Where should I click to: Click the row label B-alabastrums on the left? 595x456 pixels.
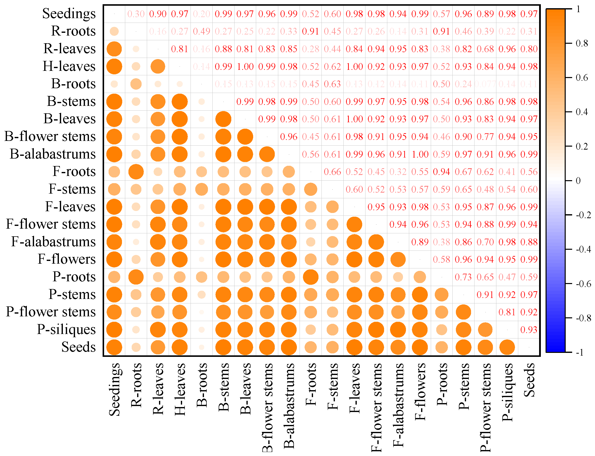[53, 154]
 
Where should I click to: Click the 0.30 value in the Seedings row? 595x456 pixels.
[136, 14]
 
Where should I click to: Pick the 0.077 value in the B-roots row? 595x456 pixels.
[485, 84]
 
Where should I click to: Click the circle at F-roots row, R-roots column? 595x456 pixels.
[136, 172]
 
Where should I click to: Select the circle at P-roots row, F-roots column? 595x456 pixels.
[310, 277]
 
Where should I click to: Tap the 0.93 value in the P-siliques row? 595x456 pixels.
[529, 330]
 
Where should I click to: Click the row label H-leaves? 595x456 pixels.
[69, 67]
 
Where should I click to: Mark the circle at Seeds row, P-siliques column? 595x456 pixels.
[507, 347]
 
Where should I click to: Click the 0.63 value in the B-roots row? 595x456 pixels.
[332, 84]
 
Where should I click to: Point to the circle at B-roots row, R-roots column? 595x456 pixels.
[136, 84]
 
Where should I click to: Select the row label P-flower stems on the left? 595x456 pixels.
[51, 312]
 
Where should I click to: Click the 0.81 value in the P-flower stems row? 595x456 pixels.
[507, 312]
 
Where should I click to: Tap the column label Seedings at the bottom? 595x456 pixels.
[115, 389]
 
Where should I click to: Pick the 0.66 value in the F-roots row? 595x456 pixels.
[332, 172]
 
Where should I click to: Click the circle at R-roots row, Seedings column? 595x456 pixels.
[114, 32]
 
